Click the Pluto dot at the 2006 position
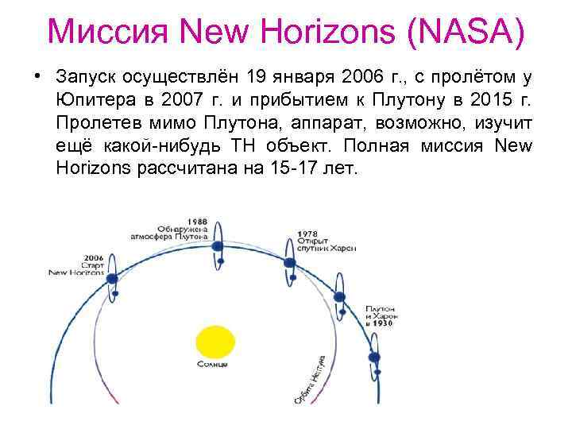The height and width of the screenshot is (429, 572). (x=113, y=279)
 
